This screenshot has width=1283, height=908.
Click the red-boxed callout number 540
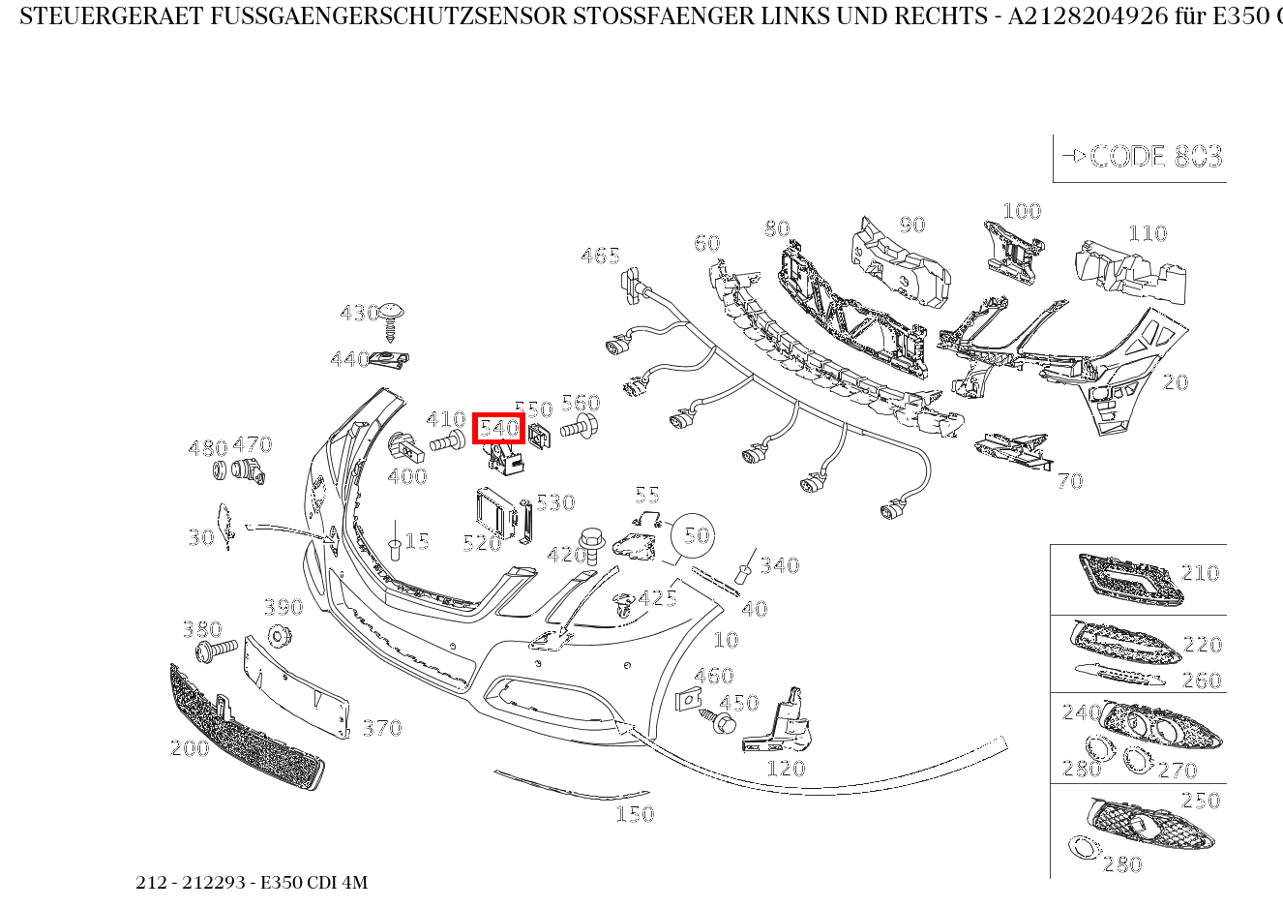click(x=499, y=428)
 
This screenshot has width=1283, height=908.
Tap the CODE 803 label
click(x=1156, y=157)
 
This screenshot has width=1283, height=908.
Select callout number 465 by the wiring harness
click(x=600, y=256)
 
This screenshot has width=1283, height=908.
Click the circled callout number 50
click(x=697, y=535)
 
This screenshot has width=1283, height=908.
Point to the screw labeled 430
click(x=391, y=321)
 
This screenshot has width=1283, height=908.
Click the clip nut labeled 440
click(x=390, y=360)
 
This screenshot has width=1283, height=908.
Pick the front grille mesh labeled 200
click(x=247, y=728)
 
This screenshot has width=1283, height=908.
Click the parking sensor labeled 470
click(x=249, y=470)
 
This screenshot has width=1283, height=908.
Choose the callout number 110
click(x=1148, y=233)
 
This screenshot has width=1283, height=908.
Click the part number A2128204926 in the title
click(x=1088, y=16)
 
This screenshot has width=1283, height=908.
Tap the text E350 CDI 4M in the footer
click(x=313, y=882)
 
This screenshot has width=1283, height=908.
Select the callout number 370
click(x=382, y=728)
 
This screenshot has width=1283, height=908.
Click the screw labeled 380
click(x=217, y=651)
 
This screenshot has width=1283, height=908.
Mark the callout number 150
click(x=635, y=814)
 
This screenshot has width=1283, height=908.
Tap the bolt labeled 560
click(x=579, y=428)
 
